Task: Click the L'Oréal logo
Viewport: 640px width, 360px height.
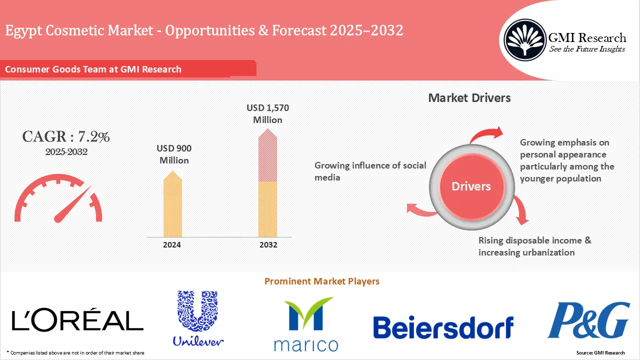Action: tap(77, 320)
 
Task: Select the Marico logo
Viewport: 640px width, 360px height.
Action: tap(306, 324)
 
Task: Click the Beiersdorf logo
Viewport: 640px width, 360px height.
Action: tap(443, 327)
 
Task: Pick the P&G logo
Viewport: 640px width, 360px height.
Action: tap(588, 320)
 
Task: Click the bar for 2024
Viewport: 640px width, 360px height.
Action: tap(172, 205)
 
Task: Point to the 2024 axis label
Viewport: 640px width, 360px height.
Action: tap(172, 245)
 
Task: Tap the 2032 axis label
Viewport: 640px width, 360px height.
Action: tap(268, 245)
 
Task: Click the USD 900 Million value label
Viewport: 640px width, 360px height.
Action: tap(174, 154)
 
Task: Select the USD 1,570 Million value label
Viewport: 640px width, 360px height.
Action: tap(268, 114)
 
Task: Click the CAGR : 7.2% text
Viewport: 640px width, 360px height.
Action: tap(66, 136)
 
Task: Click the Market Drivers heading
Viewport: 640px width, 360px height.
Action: tap(469, 98)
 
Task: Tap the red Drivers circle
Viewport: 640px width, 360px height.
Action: tap(471, 186)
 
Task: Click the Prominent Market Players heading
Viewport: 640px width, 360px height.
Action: tap(321, 281)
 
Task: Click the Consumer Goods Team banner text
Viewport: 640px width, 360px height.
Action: tap(93, 69)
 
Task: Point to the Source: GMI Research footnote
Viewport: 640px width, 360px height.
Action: tap(600, 353)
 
